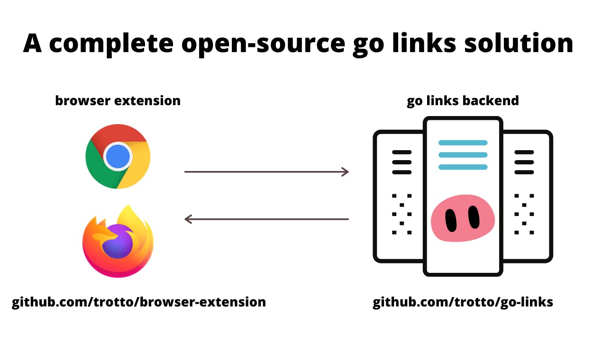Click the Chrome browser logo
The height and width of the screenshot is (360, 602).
pos(118,156)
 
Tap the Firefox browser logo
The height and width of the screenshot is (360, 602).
pos(118,241)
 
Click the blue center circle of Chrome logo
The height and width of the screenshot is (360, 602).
pos(118,156)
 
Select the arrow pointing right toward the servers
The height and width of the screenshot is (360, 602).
pos(266,171)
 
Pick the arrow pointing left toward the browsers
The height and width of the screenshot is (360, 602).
pos(266,219)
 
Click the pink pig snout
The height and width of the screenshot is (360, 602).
pos(463,218)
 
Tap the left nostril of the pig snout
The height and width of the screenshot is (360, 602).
pos(451,221)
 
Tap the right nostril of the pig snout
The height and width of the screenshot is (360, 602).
pos(474,217)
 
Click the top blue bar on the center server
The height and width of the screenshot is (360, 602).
pos(463,143)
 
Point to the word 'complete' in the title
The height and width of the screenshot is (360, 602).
pos(111,44)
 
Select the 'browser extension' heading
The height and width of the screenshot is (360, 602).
pos(118,101)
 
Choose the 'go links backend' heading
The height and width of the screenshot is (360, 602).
pos(463,101)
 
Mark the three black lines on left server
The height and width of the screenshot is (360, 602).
pos(402,162)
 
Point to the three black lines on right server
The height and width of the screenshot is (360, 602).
pos(524,162)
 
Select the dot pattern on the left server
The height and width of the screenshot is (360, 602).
pos(402,214)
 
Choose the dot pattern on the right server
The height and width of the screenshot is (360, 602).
pos(524,214)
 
